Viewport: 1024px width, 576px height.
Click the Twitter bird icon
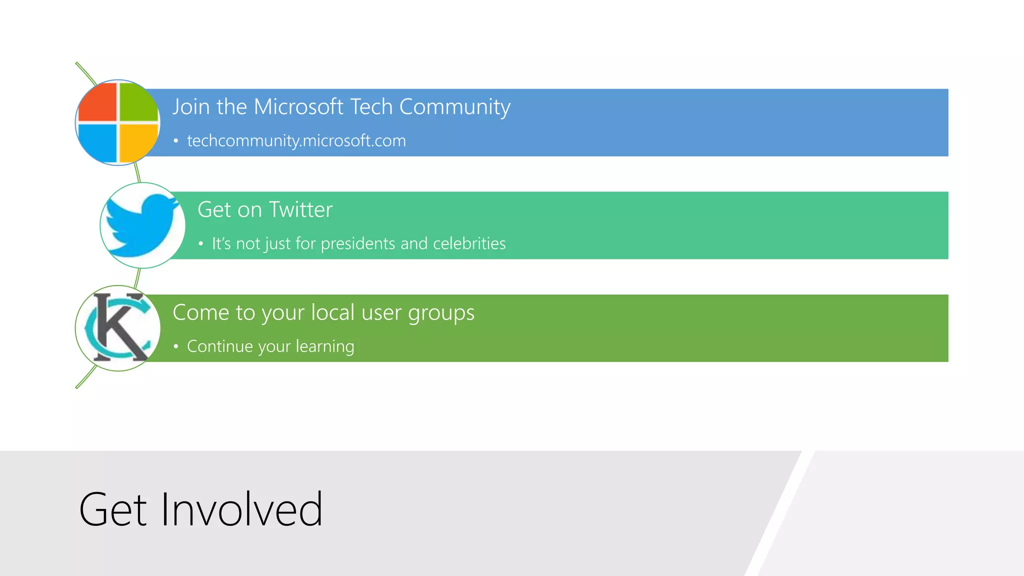(x=142, y=225)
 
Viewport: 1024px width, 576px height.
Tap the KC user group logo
(x=118, y=328)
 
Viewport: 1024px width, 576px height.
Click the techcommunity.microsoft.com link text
(x=296, y=141)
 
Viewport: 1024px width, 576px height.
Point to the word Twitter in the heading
(x=300, y=209)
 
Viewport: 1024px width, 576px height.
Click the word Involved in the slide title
(x=241, y=510)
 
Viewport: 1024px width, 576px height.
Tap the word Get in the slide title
(x=113, y=510)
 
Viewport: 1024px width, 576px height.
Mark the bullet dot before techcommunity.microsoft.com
(x=175, y=141)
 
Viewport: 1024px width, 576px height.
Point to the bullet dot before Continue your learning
(x=175, y=346)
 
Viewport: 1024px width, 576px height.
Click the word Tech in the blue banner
(x=370, y=107)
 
